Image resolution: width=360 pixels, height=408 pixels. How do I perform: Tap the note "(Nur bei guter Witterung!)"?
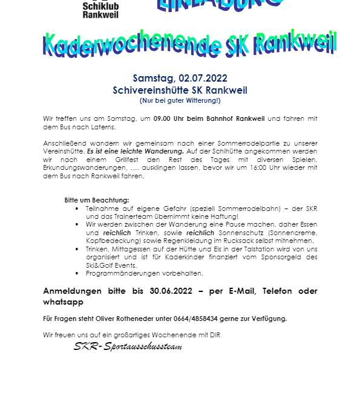180,100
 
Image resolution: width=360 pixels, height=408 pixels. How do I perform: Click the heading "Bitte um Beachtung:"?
97,200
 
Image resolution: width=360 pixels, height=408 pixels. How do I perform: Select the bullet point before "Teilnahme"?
77,208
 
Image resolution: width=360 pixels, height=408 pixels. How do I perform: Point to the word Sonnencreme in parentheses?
289,232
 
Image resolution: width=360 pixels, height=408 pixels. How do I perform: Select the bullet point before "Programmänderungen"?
77,273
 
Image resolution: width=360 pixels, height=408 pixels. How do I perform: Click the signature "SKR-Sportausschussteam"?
128,346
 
